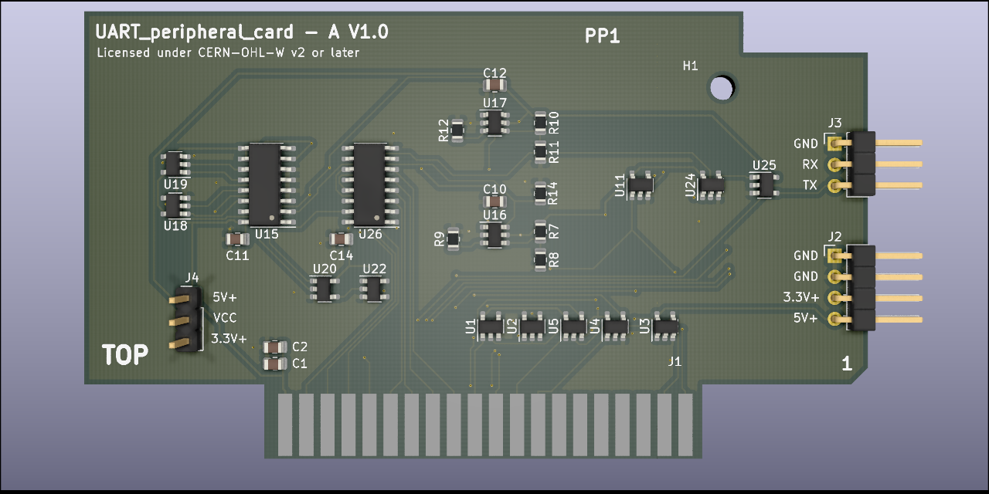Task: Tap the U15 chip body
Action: point(264,183)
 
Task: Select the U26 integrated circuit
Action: point(369,183)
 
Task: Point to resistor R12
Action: point(457,130)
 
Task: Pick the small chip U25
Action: point(764,184)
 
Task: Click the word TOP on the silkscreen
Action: point(125,355)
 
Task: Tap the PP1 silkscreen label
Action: point(603,36)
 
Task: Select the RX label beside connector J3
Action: point(810,164)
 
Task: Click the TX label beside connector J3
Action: point(810,185)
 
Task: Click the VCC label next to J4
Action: point(225,317)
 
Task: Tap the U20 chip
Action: point(323,289)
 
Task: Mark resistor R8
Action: point(541,259)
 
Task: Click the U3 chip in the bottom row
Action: point(664,327)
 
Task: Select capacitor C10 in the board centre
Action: point(494,202)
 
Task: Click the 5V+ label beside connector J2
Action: point(804,318)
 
